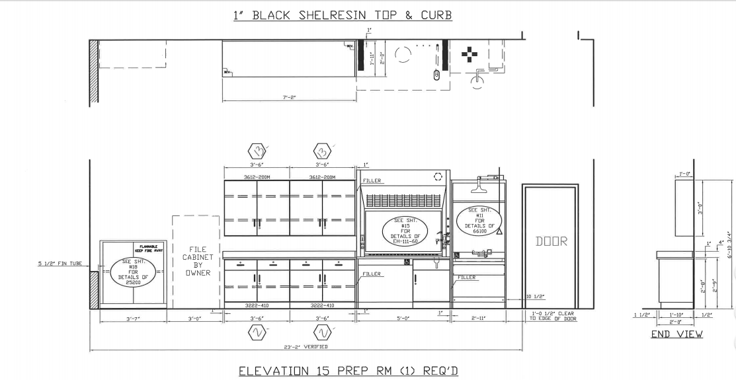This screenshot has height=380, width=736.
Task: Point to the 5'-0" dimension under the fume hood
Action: coord(403,319)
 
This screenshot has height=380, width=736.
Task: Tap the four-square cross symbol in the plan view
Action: coord(469,54)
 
